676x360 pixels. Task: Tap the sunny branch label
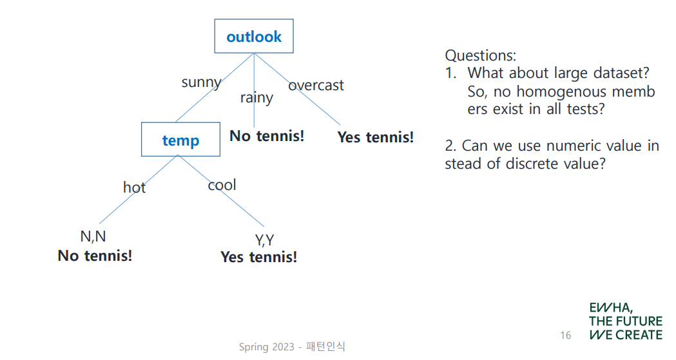point(201,82)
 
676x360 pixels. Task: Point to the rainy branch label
point(256,98)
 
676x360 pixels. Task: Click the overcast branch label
point(316,85)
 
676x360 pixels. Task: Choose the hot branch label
point(135,187)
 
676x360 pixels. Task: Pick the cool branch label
point(222,185)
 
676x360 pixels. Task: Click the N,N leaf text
point(93,236)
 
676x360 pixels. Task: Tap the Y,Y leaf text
point(265,240)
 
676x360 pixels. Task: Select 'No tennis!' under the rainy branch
point(267,136)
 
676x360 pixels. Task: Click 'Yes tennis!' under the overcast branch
point(376,137)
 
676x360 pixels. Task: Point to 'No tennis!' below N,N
point(95,256)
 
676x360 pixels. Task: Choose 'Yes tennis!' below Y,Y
point(258,257)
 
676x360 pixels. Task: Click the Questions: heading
point(480,55)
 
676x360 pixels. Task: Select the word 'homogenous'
point(559,91)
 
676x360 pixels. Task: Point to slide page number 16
point(566,335)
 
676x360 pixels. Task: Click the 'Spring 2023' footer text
point(266,346)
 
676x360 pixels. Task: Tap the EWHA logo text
point(626,321)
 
